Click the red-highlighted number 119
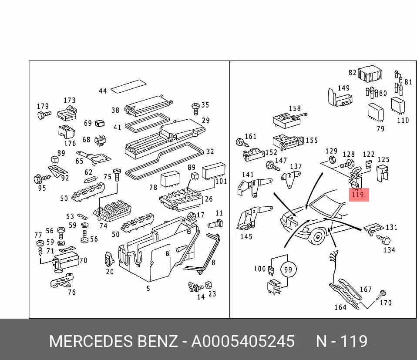(358, 195)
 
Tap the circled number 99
(288, 269)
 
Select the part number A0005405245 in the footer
(243, 341)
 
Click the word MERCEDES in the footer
(91, 341)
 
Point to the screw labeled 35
(195, 109)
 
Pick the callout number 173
(69, 100)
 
